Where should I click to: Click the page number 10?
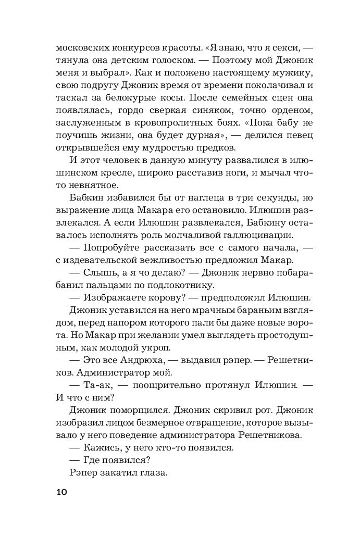point(61,491)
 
